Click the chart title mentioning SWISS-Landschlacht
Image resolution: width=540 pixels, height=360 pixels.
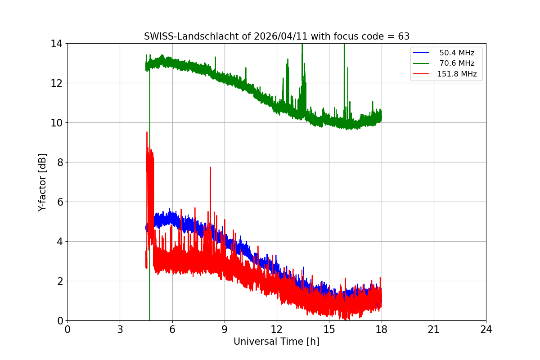click(x=276, y=36)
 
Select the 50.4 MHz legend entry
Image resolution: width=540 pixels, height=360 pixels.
click(x=457, y=53)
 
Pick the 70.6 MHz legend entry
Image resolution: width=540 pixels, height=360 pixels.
click(x=457, y=63)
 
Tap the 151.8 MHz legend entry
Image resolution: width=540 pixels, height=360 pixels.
click(x=457, y=74)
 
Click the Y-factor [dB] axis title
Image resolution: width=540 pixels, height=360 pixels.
click(x=42, y=182)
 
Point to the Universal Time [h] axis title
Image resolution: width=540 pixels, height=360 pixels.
click(x=276, y=342)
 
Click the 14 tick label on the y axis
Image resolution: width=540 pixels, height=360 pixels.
click(x=56, y=44)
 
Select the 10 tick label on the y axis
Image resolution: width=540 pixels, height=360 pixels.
click(x=56, y=123)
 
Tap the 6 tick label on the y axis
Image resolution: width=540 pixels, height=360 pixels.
click(x=59, y=202)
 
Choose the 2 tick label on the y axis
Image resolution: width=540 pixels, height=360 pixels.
click(x=59, y=281)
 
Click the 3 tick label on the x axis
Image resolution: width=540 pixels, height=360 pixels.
click(x=120, y=329)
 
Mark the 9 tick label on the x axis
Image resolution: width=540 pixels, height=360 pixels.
click(x=225, y=329)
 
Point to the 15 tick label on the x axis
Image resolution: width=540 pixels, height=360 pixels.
click(x=329, y=329)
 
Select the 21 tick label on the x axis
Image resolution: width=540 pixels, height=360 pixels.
click(x=434, y=329)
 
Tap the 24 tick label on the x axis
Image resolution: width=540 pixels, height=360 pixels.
click(x=486, y=329)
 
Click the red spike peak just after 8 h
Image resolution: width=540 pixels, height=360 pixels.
click(x=210, y=167)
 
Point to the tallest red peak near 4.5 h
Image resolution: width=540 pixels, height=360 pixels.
click(x=147, y=132)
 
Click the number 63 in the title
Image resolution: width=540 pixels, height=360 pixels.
click(x=403, y=36)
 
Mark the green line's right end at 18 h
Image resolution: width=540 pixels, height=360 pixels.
click(x=381, y=117)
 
